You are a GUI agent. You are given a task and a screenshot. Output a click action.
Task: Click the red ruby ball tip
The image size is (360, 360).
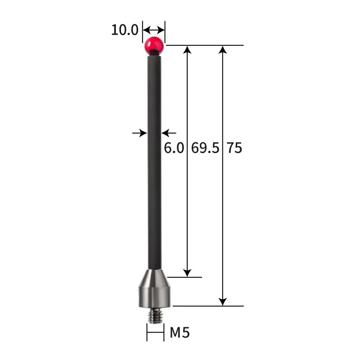tap(154, 45)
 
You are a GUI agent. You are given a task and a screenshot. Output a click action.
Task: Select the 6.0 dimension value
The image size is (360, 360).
tap(174, 148)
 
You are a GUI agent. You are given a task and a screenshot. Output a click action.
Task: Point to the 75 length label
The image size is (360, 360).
tap(234, 148)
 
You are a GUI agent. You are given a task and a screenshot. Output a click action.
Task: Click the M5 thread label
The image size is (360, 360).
tap(180, 333)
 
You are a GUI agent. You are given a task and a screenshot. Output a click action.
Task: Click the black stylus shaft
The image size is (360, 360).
tap(154, 157)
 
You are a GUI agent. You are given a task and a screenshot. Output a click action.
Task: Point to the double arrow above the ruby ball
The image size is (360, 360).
tap(154, 31)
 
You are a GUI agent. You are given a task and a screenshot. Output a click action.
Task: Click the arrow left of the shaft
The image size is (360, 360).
tap(140, 133)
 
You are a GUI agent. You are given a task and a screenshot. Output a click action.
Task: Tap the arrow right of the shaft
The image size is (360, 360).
tap(169, 133)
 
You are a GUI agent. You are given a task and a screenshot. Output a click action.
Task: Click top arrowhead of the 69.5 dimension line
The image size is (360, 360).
tap(188, 49)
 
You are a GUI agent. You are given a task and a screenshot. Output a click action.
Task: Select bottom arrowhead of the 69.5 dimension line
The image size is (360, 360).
tap(188, 273)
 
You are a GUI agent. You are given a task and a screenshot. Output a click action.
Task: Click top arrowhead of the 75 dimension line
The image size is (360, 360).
tap(222, 49)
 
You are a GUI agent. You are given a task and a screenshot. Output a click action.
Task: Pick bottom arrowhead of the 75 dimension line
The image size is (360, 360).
tap(222, 301)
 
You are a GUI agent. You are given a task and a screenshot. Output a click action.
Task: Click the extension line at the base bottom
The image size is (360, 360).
tap(207, 306)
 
